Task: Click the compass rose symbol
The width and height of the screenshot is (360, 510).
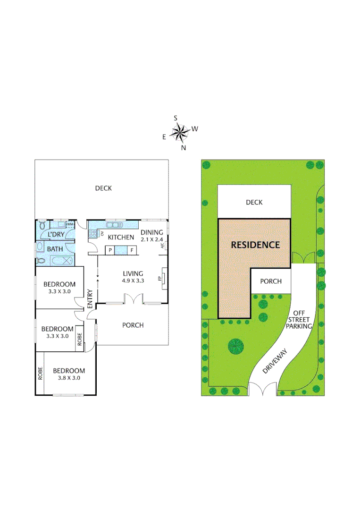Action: coord(180,133)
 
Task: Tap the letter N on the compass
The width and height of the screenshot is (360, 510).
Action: coord(184,148)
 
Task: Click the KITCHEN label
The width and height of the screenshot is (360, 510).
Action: coord(121,237)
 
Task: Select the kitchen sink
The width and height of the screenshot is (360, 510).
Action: coord(115,224)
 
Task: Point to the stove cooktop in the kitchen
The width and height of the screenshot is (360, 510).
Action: coord(92,233)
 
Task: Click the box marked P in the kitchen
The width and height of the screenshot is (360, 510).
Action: coord(110,250)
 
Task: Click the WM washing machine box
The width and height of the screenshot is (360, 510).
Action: coord(70,224)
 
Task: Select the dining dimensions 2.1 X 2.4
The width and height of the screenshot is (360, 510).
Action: coord(152,239)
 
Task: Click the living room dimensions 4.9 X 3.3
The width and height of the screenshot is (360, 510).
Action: coord(133,280)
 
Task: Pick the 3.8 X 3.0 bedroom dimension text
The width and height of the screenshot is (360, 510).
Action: coord(69,378)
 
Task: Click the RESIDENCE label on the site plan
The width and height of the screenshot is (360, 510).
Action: coord(255,245)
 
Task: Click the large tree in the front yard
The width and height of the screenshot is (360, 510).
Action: coord(236,346)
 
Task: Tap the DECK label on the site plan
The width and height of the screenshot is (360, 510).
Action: coord(254,202)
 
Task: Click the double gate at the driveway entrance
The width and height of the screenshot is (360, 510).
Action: coord(263,390)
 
